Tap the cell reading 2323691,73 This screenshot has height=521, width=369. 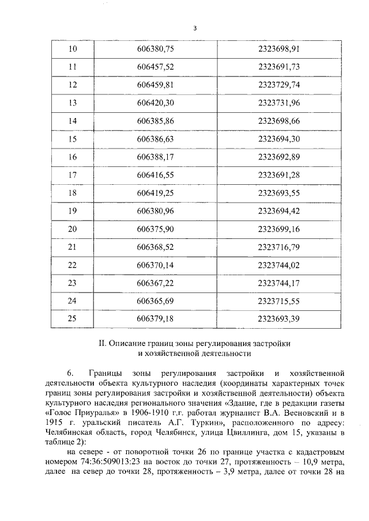(x=281, y=67)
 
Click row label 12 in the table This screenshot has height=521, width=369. (x=73, y=85)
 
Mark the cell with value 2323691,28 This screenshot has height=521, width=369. (x=281, y=175)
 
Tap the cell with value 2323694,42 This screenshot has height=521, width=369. (x=281, y=211)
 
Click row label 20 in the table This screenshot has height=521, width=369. (x=73, y=229)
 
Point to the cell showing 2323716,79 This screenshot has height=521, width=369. (x=281, y=247)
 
